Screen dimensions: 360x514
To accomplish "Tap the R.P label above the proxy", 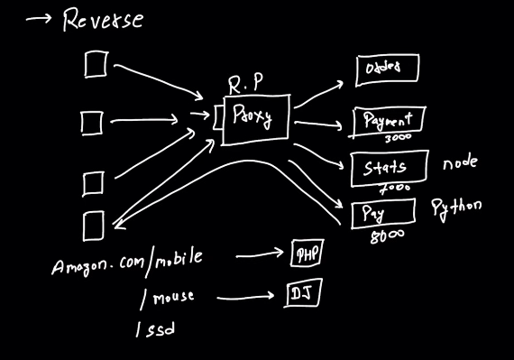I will click(x=246, y=83).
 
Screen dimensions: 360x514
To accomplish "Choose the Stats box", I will click(x=384, y=167).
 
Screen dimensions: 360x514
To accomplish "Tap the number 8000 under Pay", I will click(x=387, y=235).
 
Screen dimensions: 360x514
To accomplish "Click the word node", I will click(x=459, y=163).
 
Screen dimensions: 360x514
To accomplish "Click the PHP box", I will click(x=307, y=255).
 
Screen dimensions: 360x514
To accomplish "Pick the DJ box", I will click(x=302, y=294).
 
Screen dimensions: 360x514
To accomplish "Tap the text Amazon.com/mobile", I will click(x=126, y=262).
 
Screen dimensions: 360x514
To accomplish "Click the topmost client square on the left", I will click(x=95, y=63).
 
